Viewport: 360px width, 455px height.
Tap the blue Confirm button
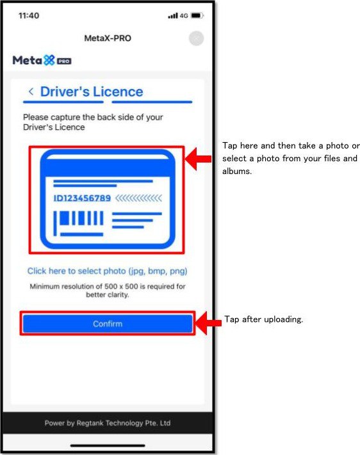(108, 324)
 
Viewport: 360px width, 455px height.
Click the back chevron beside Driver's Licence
(31, 92)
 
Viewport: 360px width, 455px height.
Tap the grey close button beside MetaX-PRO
(197, 38)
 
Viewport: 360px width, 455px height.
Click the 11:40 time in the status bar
(29, 15)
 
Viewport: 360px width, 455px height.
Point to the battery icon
(197, 15)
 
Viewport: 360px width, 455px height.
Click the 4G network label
(184, 15)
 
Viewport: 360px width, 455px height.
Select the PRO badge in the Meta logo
(64, 61)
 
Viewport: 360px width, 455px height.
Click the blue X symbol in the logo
(49, 60)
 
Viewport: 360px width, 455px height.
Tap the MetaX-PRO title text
(108, 38)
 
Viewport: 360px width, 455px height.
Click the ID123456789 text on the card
(82, 198)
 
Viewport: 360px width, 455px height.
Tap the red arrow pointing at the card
(198, 159)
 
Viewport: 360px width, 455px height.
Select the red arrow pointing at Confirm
(208, 323)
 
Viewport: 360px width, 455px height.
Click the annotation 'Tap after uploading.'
(264, 319)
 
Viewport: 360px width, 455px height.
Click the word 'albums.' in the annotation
(237, 172)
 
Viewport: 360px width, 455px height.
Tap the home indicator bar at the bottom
(108, 445)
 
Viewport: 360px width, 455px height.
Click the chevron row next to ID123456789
(138, 198)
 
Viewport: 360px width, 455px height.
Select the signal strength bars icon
(173, 15)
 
